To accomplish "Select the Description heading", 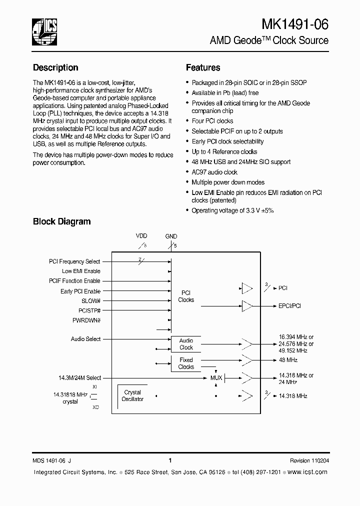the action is click(x=55, y=67).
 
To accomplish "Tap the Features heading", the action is click(x=203, y=67).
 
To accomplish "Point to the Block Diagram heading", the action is click(x=61, y=221).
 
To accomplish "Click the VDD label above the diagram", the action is click(x=142, y=236).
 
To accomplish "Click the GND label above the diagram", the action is click(x=171, y=236).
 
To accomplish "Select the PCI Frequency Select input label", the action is click(x=74, y=261).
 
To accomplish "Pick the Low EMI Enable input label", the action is click(x=81, y=271).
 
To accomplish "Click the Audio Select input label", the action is click(x=85, y=339).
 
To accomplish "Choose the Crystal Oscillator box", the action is click(x=132, y=395).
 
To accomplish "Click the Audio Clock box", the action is click(x=186, y=344).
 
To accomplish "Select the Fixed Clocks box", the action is click(x=186, y=363).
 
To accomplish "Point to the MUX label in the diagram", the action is click(x=216, y=377).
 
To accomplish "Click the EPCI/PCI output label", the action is click(x=289, y=305).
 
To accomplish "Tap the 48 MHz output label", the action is click(x=288, y=360).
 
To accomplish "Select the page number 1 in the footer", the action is click(x=170, y=460).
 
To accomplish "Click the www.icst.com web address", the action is click(x=308, y=472).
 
